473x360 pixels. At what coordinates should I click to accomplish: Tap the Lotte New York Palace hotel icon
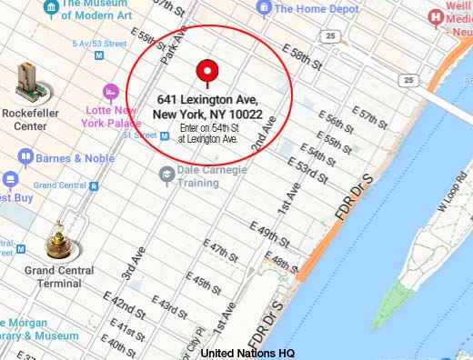pyautogui.click(x=112, y=92)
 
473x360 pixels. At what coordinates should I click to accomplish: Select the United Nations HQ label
pyautogui.click(x=247, y=353)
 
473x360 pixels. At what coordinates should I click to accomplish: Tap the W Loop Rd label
pyautogui.click(x=452, y=195)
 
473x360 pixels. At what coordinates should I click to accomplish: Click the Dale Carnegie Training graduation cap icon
pyautogui.click(x=166, y=175)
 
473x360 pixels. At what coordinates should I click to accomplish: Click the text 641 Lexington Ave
pyautogui.click(x=207, y=99)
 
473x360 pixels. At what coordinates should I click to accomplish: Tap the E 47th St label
pyautogui.click(x=221, y=248)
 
